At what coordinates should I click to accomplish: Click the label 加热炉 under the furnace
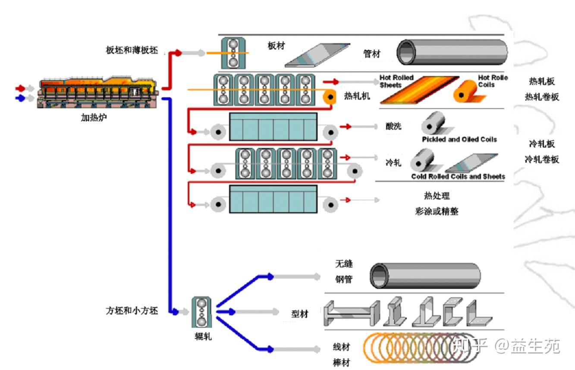pos(94,117)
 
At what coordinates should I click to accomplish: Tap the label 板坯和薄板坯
pos(132,50)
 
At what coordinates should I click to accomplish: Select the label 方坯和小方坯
pos(132,310)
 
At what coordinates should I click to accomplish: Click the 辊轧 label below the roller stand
pos(203,336)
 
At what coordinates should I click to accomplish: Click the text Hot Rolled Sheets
pos(396,81)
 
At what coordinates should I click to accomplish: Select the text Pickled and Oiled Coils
pos(459,139)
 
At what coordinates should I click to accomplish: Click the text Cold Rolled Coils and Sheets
pos(458,176)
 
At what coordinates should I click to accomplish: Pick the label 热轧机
pos(357,96)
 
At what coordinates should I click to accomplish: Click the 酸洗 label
pos(393,126)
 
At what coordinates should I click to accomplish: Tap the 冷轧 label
pos(393,163)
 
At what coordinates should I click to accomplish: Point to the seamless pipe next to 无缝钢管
pos(425,276)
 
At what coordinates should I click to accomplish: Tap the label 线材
pos(341,347)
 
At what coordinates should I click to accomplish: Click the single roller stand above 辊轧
pos(201,312)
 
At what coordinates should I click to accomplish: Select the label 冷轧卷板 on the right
pos(542,160)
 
